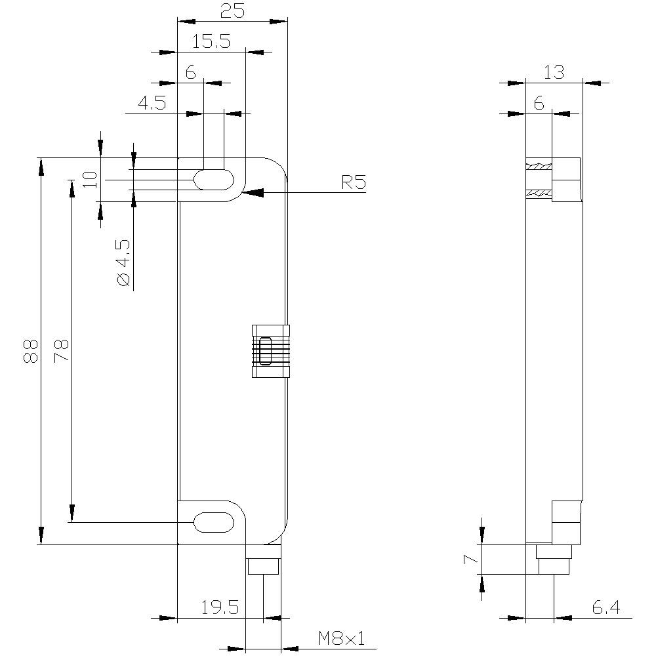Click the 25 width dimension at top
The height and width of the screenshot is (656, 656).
(233, 11)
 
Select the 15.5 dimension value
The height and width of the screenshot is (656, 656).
(211, 41)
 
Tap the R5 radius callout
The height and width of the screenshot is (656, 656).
(353, 182)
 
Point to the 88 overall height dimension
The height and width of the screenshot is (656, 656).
(30, 350)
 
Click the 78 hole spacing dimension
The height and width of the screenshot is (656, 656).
(61, 350)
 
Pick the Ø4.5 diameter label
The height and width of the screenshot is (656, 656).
(123, 262)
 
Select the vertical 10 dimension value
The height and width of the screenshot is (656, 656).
(91, 178)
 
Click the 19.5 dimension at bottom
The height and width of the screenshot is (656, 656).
(220, 607)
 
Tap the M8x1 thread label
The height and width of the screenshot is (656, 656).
(341, 638)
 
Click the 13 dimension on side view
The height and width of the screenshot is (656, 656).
(554, 72)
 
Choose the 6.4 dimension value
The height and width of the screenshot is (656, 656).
(605, 607)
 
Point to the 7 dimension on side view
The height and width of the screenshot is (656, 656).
(468, 559)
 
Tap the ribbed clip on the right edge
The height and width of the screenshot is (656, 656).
(270, 351)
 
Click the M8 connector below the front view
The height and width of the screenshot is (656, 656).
(263, 566)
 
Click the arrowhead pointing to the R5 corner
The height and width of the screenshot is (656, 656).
(253, 192)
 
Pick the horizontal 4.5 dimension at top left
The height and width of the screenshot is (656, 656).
(152, 103)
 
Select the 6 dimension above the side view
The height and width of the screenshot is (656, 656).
(539, 103)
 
